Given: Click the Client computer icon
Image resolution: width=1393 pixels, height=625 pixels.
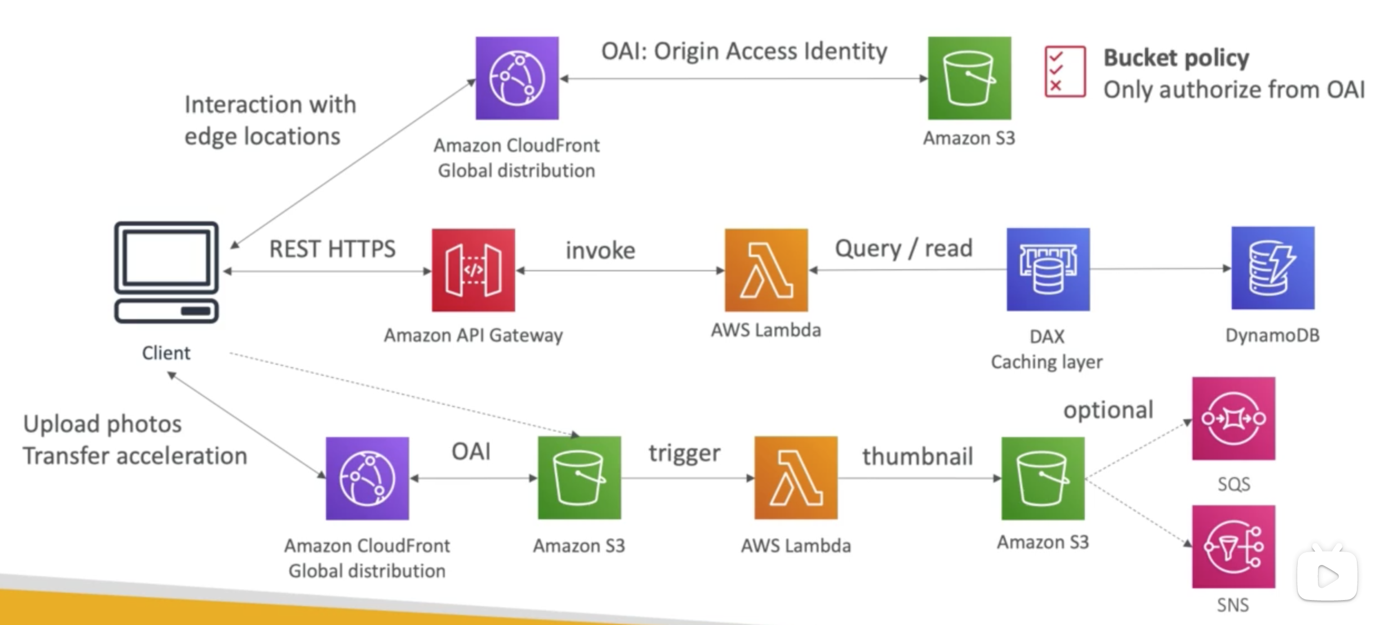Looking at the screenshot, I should click(x=166, y=272).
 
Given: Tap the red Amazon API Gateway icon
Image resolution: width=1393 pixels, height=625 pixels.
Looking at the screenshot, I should click(x=473, y=270).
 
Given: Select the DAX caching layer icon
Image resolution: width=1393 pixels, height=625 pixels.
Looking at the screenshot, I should click(x=1048, y=269).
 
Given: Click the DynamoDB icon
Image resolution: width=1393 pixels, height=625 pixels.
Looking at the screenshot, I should click(x=1273, y=268).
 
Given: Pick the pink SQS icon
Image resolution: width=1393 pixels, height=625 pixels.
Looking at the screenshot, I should click(x=1233, y=419).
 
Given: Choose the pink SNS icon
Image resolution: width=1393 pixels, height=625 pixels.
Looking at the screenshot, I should click(x=1233, y=547).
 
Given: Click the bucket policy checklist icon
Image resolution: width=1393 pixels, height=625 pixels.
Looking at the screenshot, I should click(x=1065, y=72).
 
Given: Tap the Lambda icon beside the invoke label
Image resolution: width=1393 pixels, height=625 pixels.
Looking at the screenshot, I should click(x=766, y=270).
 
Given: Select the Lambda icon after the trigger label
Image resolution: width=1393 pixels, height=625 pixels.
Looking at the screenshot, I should click(x=796, y=478).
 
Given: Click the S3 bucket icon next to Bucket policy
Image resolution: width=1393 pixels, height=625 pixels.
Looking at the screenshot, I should click(x=969, y=78).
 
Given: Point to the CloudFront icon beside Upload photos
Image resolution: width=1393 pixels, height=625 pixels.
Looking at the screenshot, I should click(x=367, y=479).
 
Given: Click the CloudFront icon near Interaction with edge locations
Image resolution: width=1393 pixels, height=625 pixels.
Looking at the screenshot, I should click(x=517, y=78).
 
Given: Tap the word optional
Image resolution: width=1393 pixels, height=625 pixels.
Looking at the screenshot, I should click(x=1108, y=410).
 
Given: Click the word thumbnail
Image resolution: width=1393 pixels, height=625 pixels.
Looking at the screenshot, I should click(x=917, y=457).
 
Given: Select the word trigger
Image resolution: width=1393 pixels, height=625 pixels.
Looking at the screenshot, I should click(x=684, y=453).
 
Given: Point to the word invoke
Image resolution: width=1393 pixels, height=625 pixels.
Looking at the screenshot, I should click(x=600, y=251).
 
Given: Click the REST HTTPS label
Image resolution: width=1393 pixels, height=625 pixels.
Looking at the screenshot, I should click(x=332, y=249).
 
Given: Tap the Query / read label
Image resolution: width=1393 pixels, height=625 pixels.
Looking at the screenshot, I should click(x=903, y=249).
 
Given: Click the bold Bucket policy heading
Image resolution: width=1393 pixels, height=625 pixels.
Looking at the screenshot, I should click(x=1176, y=58).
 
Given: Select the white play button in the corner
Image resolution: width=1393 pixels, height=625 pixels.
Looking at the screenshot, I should click(x=1327, y=576).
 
